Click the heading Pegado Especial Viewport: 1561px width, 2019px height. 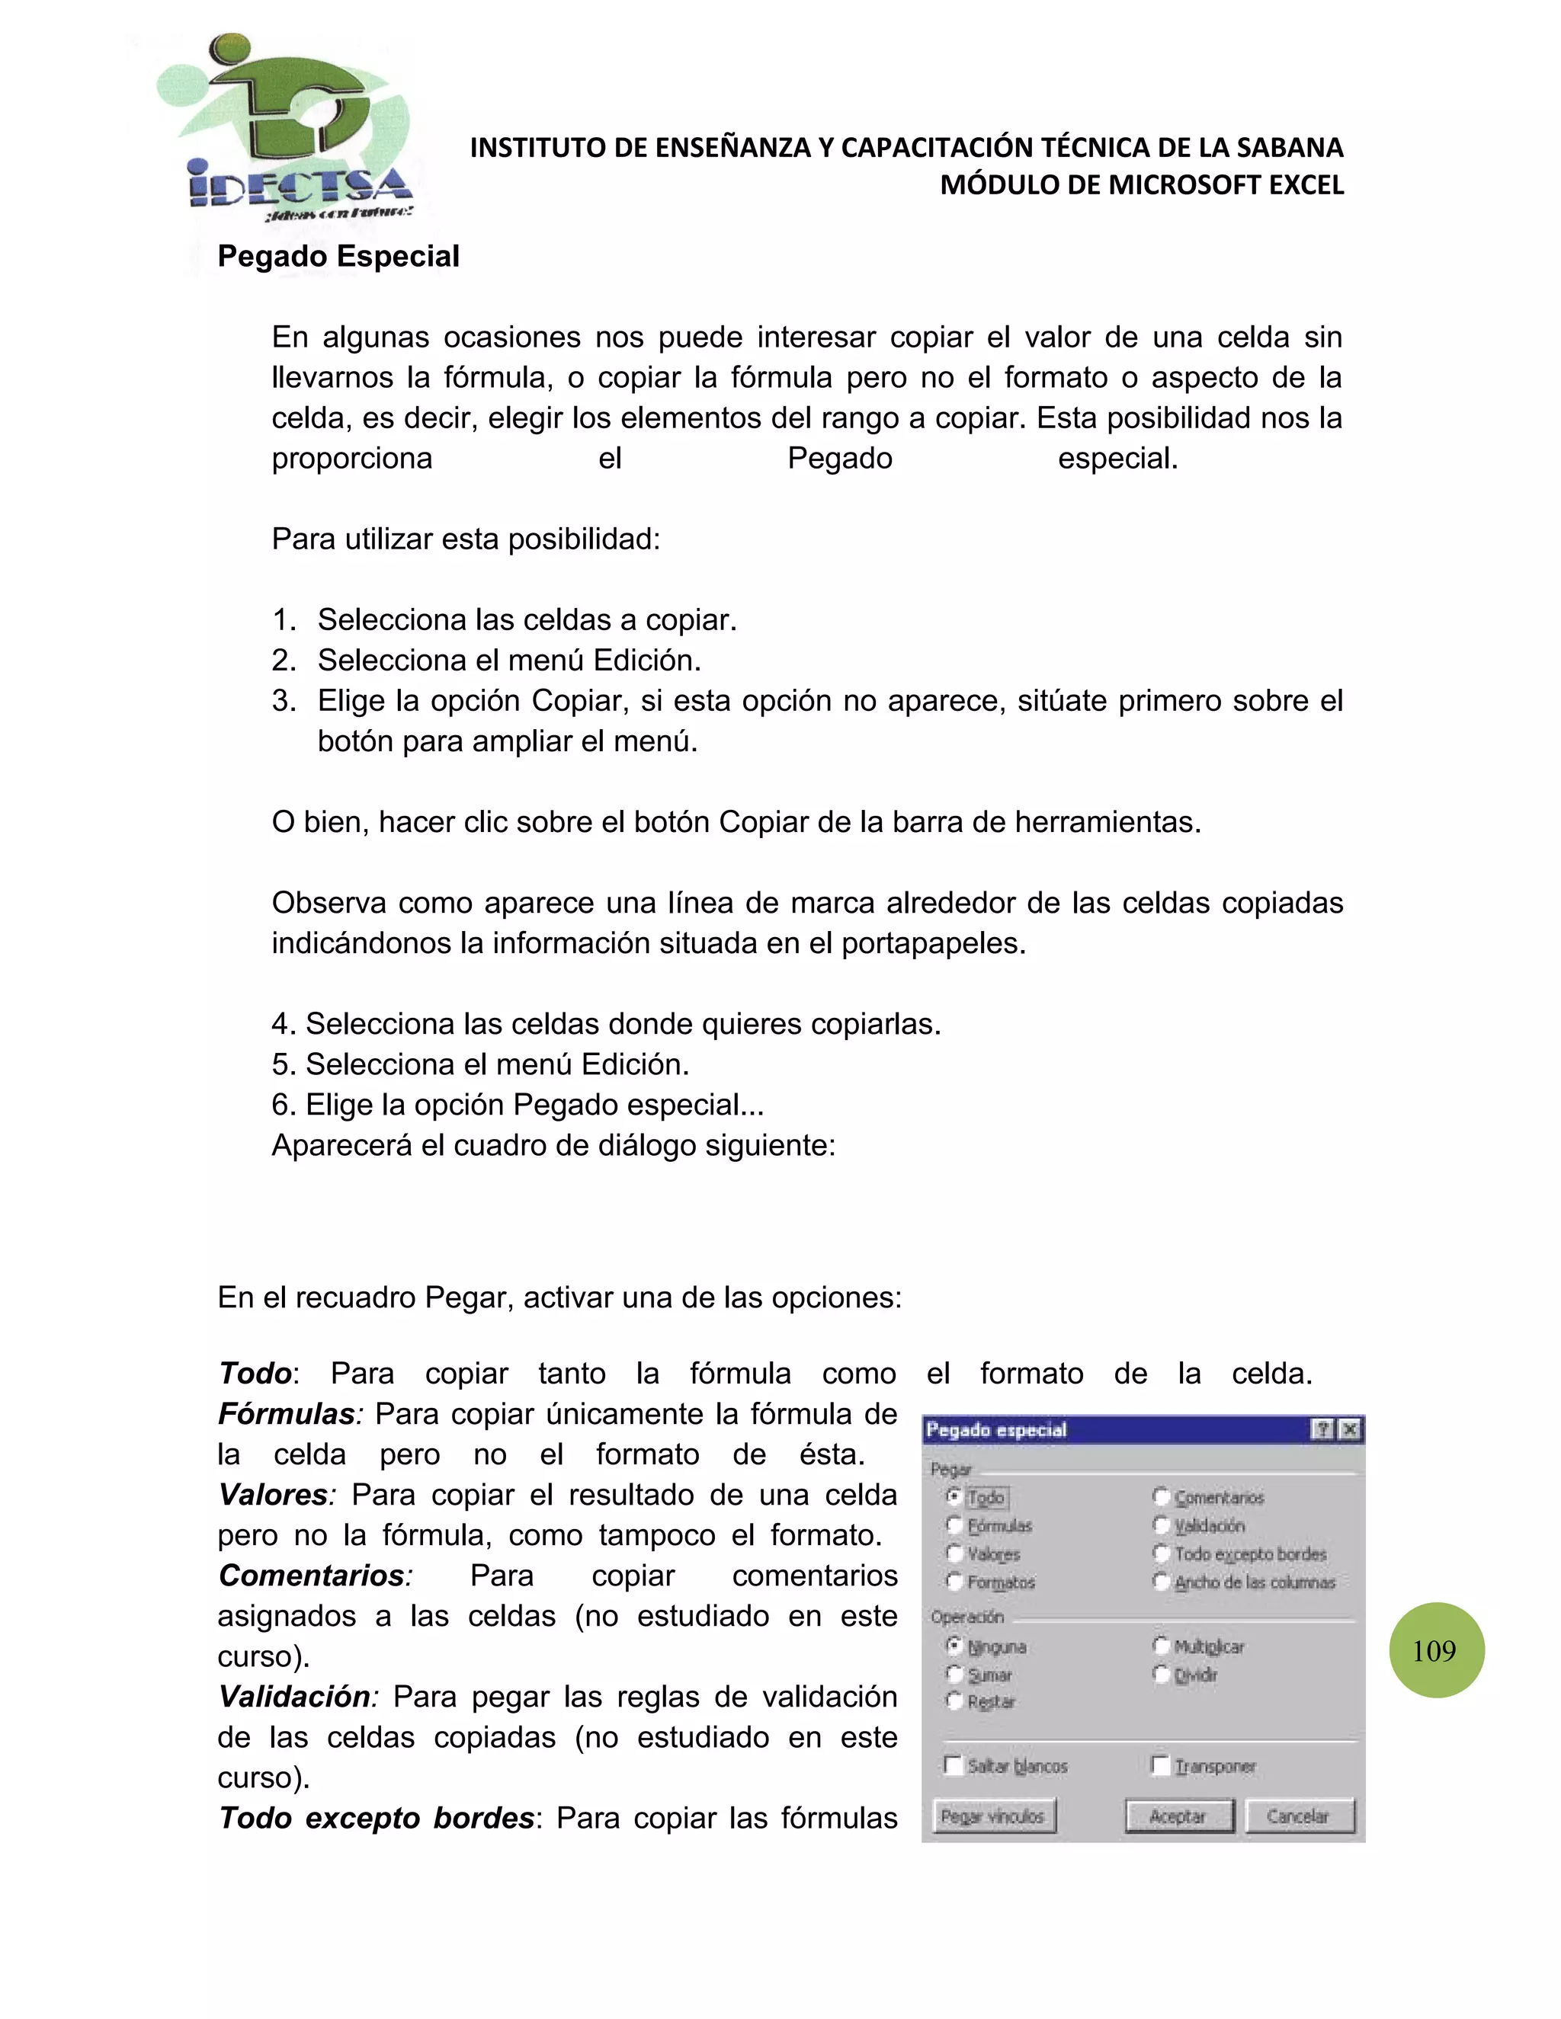click(338, 256)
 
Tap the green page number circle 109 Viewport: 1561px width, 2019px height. click(1435, 1650)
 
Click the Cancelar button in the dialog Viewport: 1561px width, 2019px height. click(1300, 1816)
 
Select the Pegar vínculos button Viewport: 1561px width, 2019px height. click(993, 1816)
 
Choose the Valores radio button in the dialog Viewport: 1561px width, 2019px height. click(955, 1554)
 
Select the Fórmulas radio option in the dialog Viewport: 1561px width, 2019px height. click(955, 1525)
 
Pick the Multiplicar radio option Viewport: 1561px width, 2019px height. click(1162, 1646)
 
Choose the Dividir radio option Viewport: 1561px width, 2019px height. click(1162, 1674)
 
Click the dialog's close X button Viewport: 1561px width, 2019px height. click(1350, 1430)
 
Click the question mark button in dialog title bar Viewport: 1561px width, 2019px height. click(1323, 1430)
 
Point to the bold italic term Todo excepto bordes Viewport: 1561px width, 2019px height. click(377, 1817)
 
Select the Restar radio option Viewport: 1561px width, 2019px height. click(955, 1701)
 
